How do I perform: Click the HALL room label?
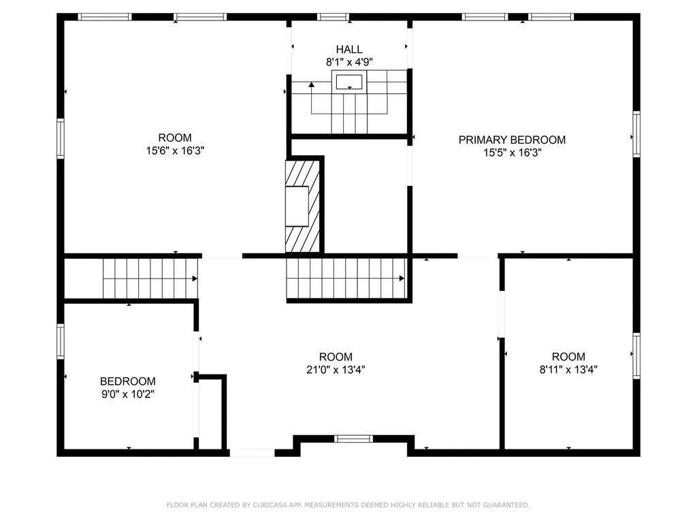348,50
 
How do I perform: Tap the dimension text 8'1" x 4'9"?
348,62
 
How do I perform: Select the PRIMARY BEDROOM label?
512,140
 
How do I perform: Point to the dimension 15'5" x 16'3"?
512,153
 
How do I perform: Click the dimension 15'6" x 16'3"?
175,150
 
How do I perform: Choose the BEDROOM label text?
127,381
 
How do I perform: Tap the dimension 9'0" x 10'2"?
127,394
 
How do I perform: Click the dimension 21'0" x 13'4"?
336,370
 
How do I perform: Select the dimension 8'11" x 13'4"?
568,370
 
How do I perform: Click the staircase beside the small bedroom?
150,279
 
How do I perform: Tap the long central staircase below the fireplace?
346,279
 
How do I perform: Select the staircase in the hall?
350,102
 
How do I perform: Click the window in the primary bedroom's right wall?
636,133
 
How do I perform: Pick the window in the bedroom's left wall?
61,341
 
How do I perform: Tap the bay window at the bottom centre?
354,439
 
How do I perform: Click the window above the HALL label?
334,17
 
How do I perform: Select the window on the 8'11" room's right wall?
636,355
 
